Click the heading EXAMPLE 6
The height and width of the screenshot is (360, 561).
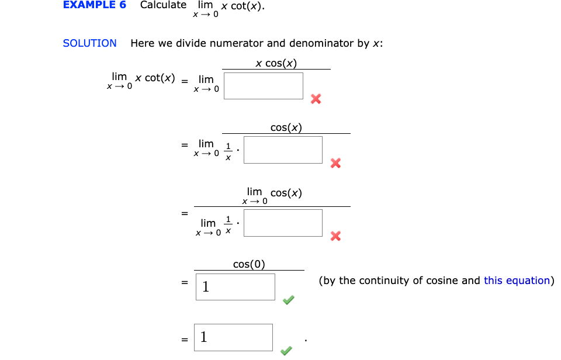pyautogui.click(x=94, y=5)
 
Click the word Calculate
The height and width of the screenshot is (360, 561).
pyautogui.click(x=163, y=5)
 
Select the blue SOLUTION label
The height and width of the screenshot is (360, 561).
pyautogui.click(x=89, y=43)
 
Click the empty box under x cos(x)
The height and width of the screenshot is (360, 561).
pyautogui.click(x=264, y=86)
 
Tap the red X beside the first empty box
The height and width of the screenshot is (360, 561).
pyautogui.click(x=316, y=99)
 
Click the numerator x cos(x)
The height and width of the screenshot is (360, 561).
pyautogui.click(x=276, y=63)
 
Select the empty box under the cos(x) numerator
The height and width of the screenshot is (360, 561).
pyautogui.click(x=283, y=150)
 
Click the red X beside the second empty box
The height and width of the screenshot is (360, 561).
pyautogui.click(x=335, y=163)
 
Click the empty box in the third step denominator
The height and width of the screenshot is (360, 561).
pyautogui.click(x=283, y=223)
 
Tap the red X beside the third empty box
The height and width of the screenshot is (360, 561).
pyautogui.click(x=335, y=236)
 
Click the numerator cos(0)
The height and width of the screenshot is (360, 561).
pyautogui.click(x=249, y=264)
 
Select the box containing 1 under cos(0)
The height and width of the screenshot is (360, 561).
pyautogui.click(x=236, y=287)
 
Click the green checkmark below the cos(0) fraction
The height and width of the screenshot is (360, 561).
pyautogui.click(x=288, y=300)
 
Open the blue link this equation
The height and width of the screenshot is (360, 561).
pyautogui.click(x=517, y=281)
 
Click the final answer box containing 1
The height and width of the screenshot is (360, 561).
pyautogui.click(x=234, y=337)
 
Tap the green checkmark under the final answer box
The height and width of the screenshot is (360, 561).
pyautogui.click(x=286, y=351)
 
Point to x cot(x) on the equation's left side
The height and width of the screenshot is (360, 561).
pyautogui.click(x=155, y=78)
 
